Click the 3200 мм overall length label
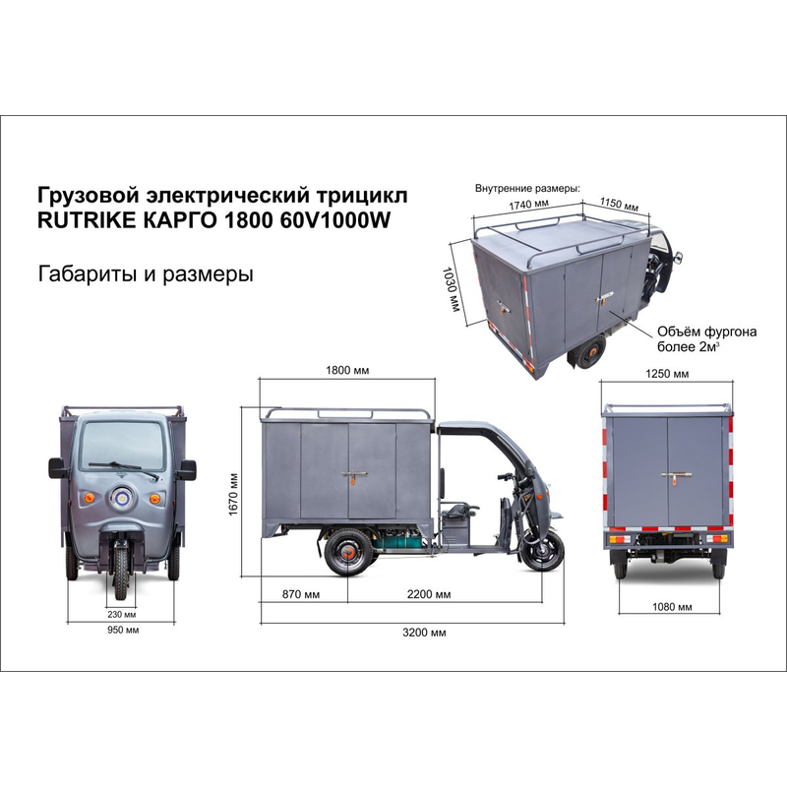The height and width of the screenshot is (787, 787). tap(424, 633)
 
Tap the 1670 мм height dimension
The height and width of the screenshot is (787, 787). tap(233, 495)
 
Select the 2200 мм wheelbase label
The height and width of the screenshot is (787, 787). tap(429, 594)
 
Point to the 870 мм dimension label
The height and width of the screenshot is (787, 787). tap(301, 594)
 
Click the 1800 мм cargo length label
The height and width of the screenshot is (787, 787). tap(347, 371)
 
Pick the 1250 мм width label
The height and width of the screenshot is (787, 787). tap(667, 374)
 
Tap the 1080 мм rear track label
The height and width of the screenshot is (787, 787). tap(672, 607)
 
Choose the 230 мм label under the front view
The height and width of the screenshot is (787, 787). tap(121, 614)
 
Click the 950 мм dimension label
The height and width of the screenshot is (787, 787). tap(123, 630)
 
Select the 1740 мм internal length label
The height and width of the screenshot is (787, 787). tap(528, 205)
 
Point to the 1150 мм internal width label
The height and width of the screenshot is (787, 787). tap(620, 204)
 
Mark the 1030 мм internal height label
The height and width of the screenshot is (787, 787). tap(451, 289)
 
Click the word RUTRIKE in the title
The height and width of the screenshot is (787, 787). tap(87, 220)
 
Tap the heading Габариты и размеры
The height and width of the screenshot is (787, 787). tap(146, 274)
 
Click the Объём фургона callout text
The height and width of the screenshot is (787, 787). tap(706, 332)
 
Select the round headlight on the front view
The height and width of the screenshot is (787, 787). tap(121, 498)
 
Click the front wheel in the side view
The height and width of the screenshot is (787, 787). tap(544, 551)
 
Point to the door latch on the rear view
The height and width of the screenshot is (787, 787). tap(676, 476)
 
